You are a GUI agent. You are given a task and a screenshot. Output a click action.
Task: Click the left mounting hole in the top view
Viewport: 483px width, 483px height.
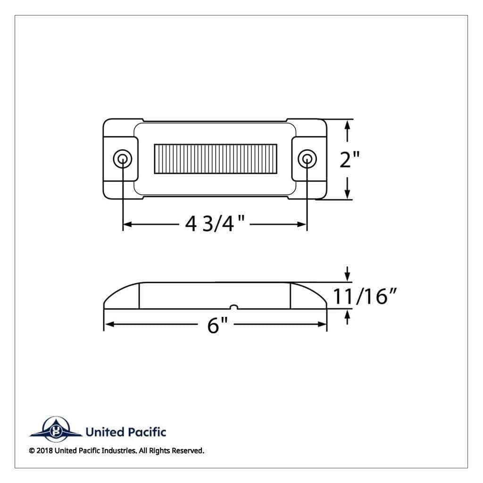pos(123,159)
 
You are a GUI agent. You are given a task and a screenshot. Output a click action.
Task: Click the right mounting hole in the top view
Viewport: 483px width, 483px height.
pos(307,159)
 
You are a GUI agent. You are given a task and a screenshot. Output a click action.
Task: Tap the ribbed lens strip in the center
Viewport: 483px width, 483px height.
pos(215,158)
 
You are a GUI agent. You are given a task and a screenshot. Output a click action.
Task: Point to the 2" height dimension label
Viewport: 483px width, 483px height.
pos(350,159)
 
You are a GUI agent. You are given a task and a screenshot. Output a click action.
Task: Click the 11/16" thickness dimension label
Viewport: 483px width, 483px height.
pos(365,296)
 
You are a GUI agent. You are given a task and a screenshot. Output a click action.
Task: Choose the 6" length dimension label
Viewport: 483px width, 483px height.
pos(217,325)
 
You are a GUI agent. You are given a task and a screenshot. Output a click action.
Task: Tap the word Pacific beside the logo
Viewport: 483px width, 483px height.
pos(146,432)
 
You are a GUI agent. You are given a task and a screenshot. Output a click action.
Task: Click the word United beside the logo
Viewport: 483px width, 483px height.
pos(105,432)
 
